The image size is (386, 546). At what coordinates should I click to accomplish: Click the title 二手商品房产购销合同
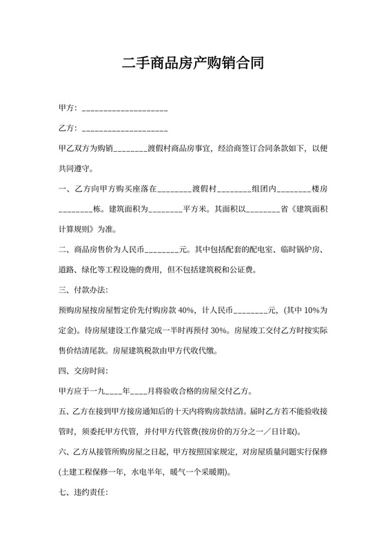point(192,64)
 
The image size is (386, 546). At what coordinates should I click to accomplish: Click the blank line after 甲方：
point(125,110)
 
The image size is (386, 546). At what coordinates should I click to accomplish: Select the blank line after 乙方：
point(125,130)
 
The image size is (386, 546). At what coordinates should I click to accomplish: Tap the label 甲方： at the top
point(70,109)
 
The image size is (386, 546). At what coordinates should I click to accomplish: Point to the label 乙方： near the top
point(70,128)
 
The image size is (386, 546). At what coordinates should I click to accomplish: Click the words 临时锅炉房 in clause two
point(293,250)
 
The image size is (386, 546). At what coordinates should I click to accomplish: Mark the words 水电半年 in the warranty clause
point(149,473)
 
